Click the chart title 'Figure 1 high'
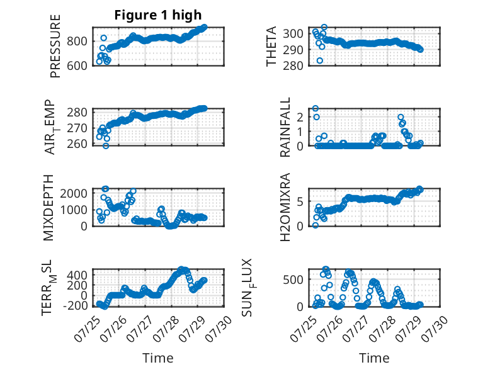coord(158,15)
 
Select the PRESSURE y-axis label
coord(55,46)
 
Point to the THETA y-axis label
coord(271,46)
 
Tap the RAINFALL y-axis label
coord(285,127)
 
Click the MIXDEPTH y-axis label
coord(48,208)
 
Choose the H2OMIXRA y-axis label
coord(285,207)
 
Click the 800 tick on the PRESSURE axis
coord(77,41)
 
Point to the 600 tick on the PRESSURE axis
coord(77,65)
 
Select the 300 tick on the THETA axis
coord(293,33)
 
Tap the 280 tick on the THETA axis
coord(293,65)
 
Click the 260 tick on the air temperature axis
coord(77,144)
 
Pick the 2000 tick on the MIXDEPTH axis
coord(74,193)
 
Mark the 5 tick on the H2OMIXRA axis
coord(300,202)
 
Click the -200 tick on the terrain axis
coord(75,305)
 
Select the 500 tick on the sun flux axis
coord(293,279)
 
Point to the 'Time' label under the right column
coord(374,358)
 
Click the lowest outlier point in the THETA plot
coord(320,60)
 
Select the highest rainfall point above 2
coord(316,108)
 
